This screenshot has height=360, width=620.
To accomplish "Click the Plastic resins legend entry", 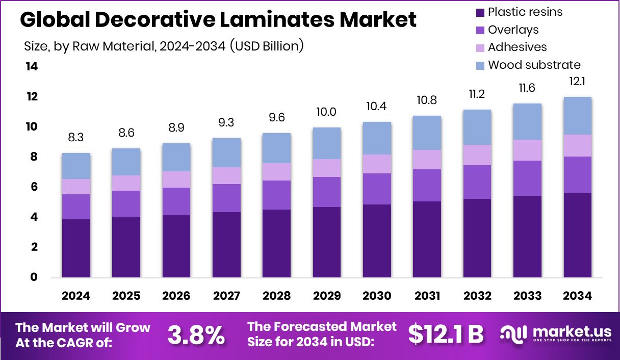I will coord(524,12).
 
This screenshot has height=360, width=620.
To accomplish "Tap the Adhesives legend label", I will coord(517,47).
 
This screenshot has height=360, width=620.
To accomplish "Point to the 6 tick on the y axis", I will coord(34,187).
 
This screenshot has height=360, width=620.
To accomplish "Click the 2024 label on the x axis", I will coord(76,296).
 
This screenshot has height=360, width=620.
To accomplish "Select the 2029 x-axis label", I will coord(327,296).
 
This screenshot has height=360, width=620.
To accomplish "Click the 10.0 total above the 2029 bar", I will coord(327,112).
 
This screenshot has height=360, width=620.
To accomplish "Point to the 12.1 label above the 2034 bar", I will coord(577,82).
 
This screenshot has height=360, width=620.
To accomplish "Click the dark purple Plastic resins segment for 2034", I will coord(577,235).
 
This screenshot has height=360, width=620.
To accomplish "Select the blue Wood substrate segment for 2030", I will coord(377,138).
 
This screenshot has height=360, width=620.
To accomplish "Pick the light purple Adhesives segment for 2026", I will coord(176,179).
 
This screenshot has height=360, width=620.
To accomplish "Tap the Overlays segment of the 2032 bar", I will coord(477,182).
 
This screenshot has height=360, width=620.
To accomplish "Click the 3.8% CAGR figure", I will coord(196,335).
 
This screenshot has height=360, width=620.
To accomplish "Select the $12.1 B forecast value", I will coord(446,335).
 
